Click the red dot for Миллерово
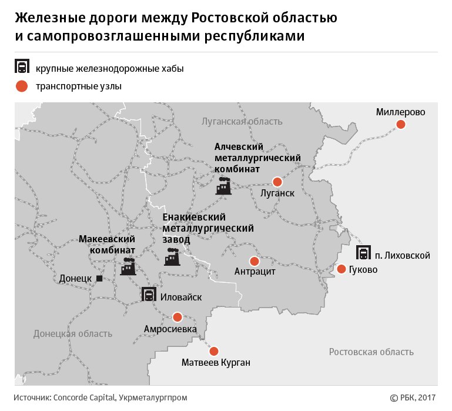point(401,124)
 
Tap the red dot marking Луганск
point(277,182)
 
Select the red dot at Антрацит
point(255,261)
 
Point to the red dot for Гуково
point(341,269)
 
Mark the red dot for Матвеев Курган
point(214,350)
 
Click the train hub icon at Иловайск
point(149,295)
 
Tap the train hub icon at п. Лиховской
point(364,253)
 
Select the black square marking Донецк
point(99,278)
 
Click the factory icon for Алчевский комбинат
point(223,186)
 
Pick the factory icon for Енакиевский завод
point(172,257)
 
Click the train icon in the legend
point(22,66)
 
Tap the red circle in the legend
point(22,86)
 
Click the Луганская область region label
point(242,122)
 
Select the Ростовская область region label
point(371,352)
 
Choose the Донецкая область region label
point(72,333)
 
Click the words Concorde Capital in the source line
point(85,397)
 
